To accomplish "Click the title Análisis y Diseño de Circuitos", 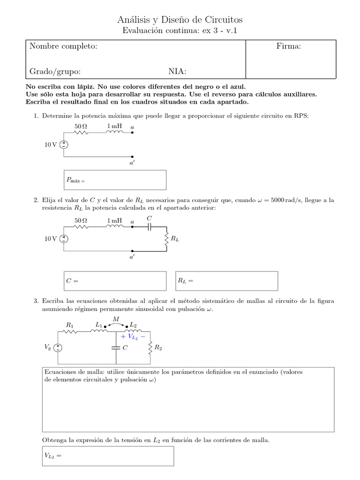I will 180,20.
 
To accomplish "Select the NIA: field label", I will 177,71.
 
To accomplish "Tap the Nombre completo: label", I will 63,46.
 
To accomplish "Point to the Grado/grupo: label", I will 55,71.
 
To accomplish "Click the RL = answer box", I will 226,281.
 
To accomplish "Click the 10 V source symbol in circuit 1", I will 63,145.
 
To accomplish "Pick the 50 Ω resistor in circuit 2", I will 81,227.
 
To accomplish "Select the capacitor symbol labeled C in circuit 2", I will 150,227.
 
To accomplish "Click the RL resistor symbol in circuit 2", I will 166,239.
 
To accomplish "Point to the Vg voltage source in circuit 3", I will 58,347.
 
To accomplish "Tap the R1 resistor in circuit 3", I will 70,331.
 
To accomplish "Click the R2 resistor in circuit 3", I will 150,347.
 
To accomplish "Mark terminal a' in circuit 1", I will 132,157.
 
